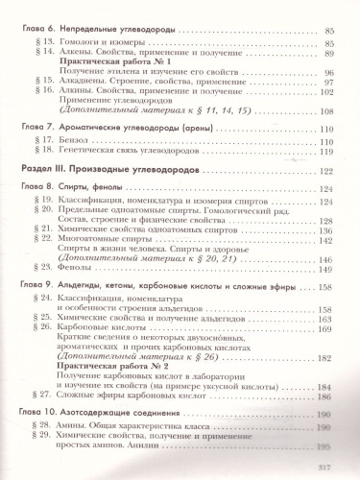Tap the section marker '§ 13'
[37, 44]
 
